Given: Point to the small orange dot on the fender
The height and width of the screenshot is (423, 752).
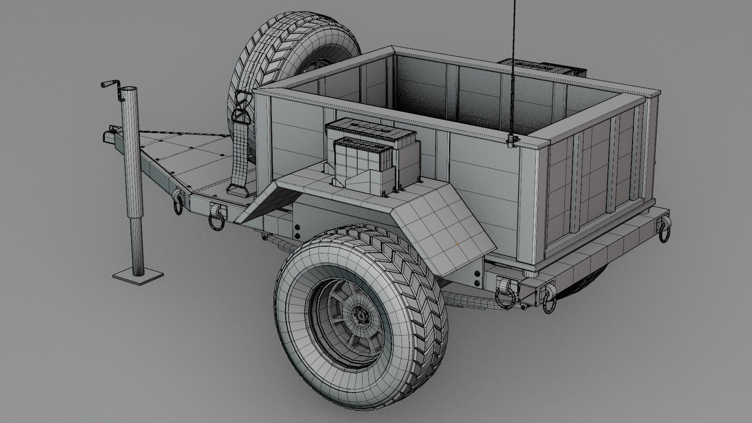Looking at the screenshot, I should tap(457, 244).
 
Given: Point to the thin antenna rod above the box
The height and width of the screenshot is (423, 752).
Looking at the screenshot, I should tap(512, 59).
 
